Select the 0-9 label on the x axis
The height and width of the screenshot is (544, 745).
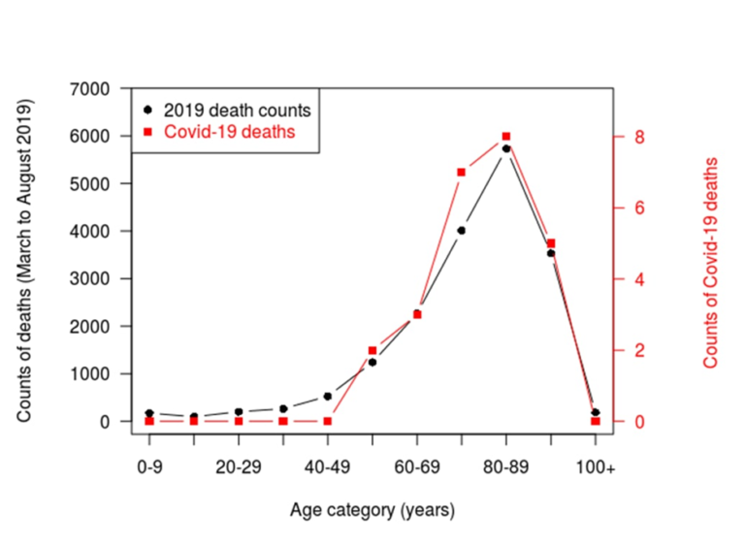149,468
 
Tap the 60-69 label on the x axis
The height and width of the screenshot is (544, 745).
416,468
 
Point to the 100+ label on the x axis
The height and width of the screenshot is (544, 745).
595,468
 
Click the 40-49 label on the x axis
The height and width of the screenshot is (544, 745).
327,468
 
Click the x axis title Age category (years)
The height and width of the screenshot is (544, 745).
372,509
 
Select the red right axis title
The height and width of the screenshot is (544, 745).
711,262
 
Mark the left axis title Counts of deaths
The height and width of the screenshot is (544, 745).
24,259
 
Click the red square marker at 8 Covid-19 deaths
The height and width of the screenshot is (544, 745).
506,137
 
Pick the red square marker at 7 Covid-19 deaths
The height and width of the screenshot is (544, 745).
462,173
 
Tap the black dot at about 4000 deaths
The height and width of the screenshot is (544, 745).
462,231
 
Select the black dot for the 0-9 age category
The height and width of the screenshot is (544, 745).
149,413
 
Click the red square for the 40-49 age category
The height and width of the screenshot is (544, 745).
328,421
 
